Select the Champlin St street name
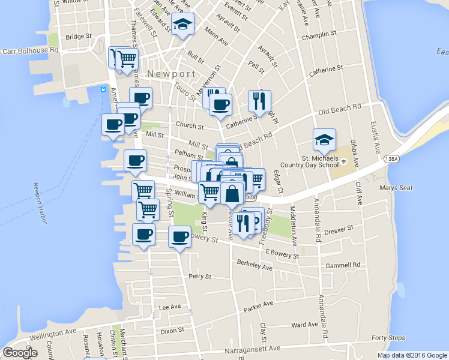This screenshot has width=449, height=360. pyautogui.click(x=318, y=36)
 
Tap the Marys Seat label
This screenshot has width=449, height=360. pyautogui.click(x=396, y=188)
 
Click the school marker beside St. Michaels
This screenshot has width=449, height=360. pyautogui.click(x=324, y=140)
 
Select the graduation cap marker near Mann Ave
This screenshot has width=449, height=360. pyautogui.click(x=182, y=25)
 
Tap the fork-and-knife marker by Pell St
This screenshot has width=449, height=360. pyautogui.click(x=259, y=100)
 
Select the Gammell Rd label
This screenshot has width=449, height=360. pyautogui.click(x=348, y=265)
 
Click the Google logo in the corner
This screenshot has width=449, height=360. pyautogui.click(x=20, y=352)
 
